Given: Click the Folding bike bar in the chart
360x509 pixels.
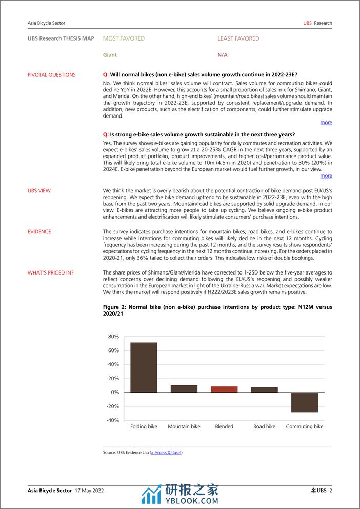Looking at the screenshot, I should pyautogui.click(x=144, y=367).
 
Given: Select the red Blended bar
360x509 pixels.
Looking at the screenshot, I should pyautogui.click(x=224, y=389).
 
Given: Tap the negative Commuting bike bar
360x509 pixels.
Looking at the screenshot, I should pyautogui.click(x=305, y=402).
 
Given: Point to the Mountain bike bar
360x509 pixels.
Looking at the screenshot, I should pyautogui.click(x=184, y=389).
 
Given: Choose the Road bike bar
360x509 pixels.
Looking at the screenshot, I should pyautogui.click(x=265, y=389).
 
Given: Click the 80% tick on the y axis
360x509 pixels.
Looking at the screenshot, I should pyautogui.click(x=113, y=337).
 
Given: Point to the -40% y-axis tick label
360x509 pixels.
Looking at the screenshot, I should pyautogui.click(x=112, y=420).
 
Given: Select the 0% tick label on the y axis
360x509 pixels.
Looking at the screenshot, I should pyautogui.click(x=114, y=393).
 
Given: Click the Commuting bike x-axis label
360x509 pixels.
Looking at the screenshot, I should pyautogui.click(x=305, y=427).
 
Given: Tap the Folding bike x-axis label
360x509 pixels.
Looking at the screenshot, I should pyautogui.click(x=144, y=427).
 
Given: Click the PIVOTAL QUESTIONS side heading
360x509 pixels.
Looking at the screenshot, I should pyautogui.click(x=51, y=75).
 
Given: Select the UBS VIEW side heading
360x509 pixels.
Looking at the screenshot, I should pyautogui.click(x=39, y=191).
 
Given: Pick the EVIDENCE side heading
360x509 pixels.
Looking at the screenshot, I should pyautogui.click(x=39, y=232).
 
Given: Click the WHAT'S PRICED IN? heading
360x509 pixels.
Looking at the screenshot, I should pyautogui.click(x=50, y=273).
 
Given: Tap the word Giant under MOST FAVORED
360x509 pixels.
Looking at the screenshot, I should pyautogui.click(x=110, y=55).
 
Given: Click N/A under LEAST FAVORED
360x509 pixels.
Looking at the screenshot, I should pyautogui.click(x=222, y=55).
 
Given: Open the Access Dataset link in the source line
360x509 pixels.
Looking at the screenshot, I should pyautogui.click(x=166, y=452).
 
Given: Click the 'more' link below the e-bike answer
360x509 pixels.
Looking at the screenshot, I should pyautogui.click(x=326, y=176).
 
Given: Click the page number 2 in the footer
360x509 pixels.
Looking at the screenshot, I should pyautogui.click(x=331, y=491).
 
